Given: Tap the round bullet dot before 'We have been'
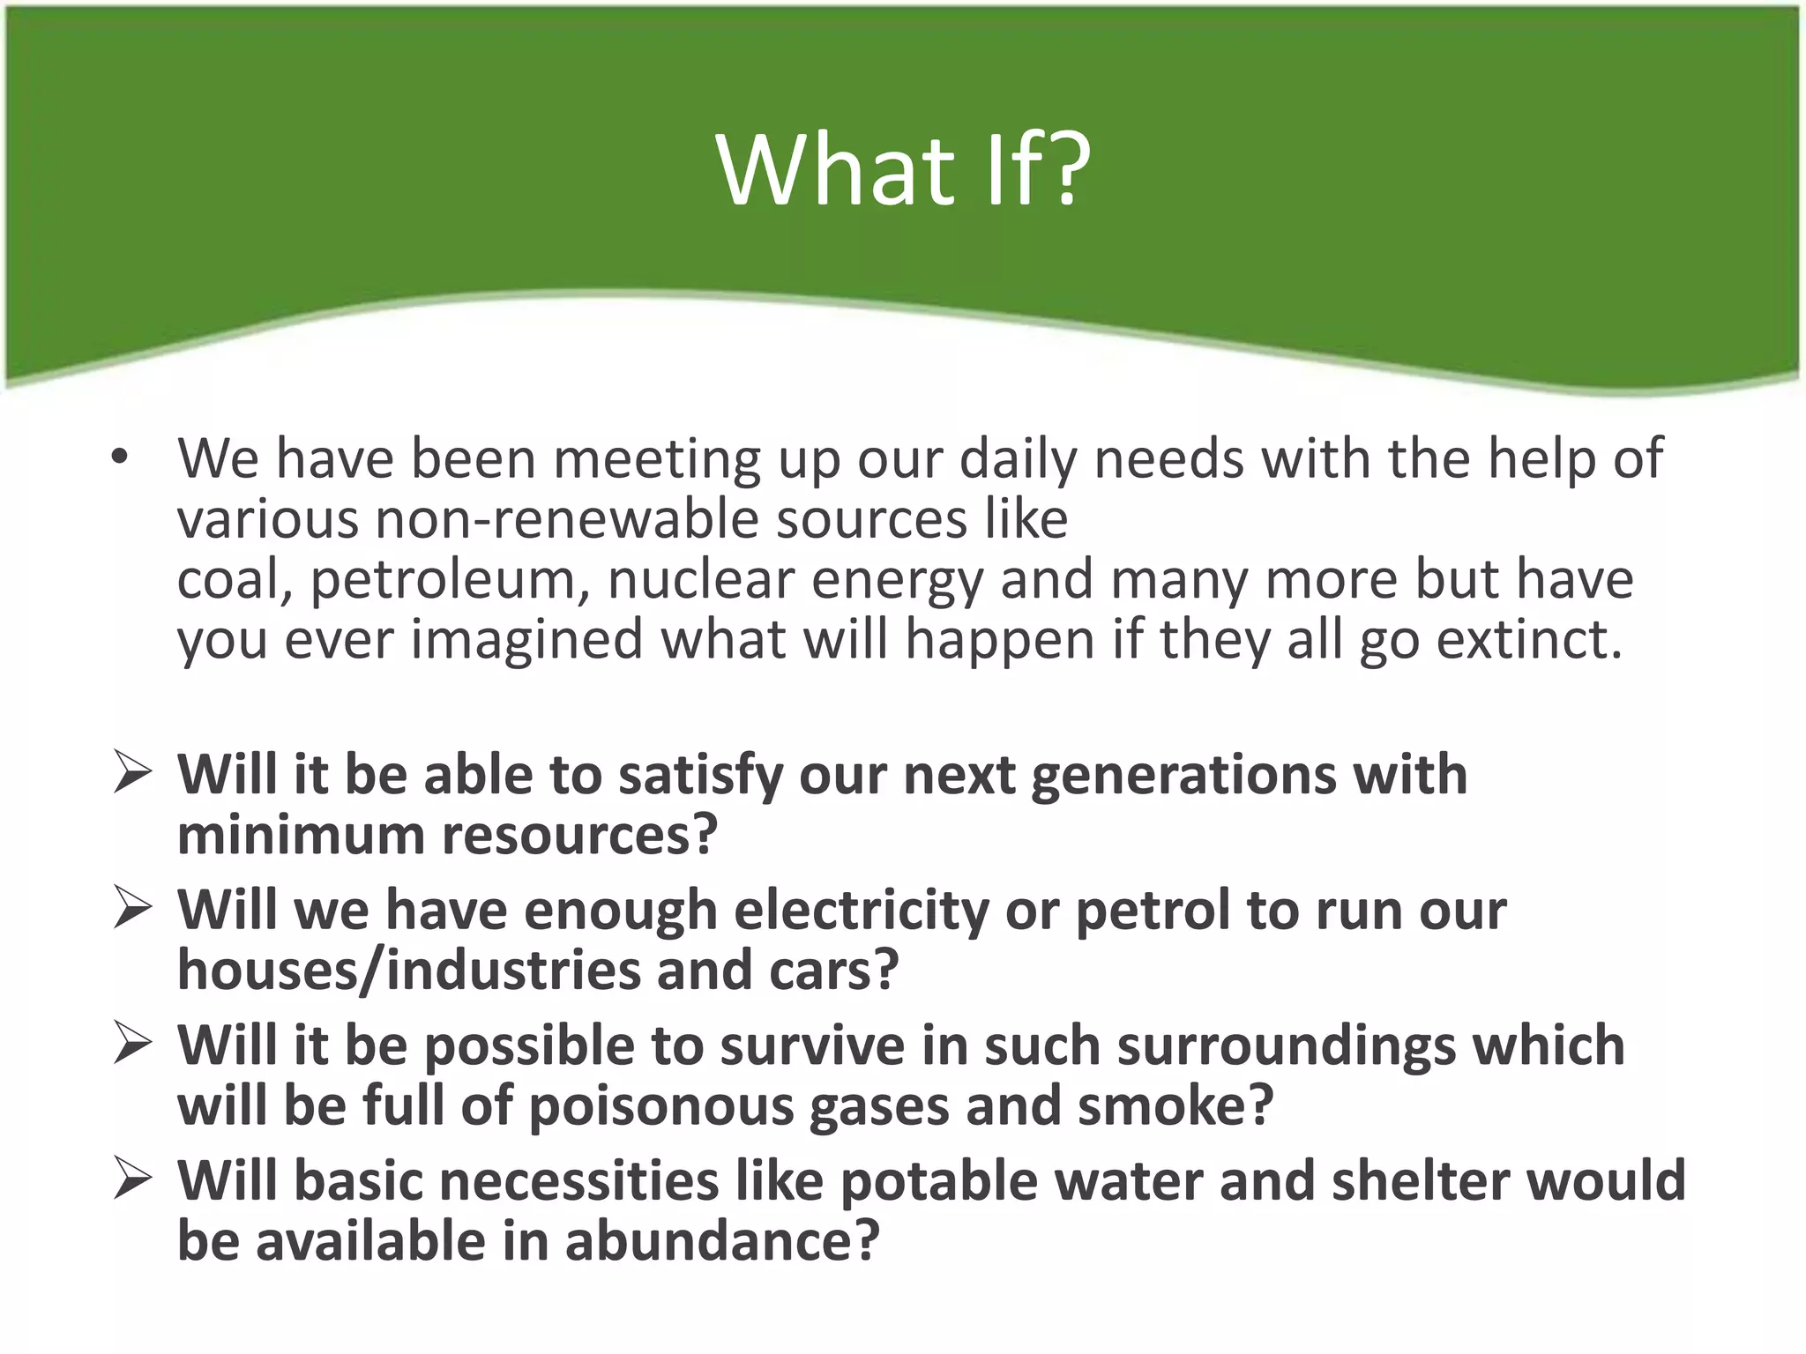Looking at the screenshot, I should click(120, 457).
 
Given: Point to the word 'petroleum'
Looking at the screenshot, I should click(449, 580).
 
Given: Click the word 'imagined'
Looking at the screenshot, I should click(527, 640).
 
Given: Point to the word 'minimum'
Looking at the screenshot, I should click(301, 834).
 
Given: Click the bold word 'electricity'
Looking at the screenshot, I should click(862, 910).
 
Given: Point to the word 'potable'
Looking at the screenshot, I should click(938, 1181).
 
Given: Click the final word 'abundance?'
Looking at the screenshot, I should click(722, 1241).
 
